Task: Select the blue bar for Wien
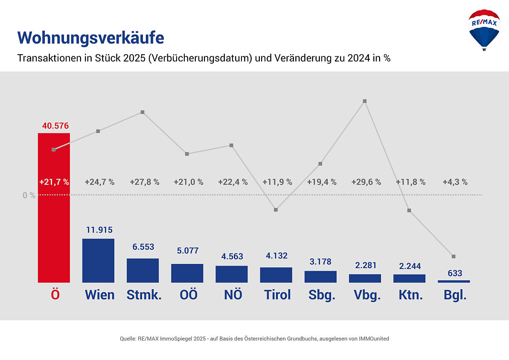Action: click(98, 260)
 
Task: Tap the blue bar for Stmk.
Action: click(143, 270)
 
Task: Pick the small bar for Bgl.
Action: click(454, 281)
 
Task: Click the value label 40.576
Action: click(55, 126)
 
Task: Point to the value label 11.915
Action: click(99, 230)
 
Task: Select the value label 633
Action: click(455, 273)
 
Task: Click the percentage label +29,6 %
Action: click(366, 182)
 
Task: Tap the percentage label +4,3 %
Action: click(455, 182)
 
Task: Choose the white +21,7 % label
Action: click(54, 182)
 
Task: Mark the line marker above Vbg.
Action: click(365, 101)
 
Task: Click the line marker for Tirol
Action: click(276, 210)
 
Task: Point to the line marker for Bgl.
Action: click(454, 256)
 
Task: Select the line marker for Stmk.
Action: click(143, 112)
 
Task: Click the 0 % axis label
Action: click(29, 196)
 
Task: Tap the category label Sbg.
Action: click(322, 295)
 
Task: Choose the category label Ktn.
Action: click(410, 295)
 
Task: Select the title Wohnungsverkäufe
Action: click(90, 38)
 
